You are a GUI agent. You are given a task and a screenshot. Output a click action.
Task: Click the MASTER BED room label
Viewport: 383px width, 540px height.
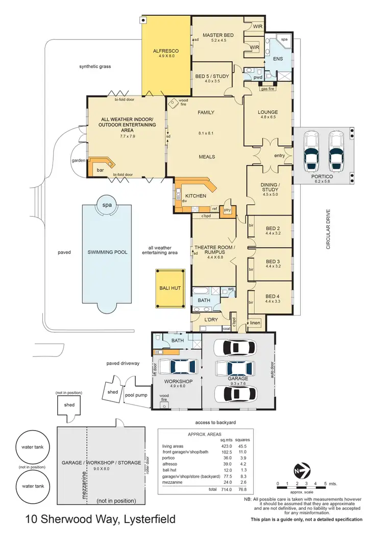[x=218, y=35]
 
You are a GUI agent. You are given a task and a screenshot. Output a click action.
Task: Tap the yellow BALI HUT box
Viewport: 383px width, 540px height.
[x=170, y=288]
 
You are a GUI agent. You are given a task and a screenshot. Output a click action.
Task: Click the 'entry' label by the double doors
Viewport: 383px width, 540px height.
[x=279, y=155]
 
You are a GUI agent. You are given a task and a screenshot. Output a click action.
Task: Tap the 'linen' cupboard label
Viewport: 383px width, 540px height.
[x=255, y=323]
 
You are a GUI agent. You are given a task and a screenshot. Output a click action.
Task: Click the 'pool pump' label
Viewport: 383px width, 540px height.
[x=136, y=395]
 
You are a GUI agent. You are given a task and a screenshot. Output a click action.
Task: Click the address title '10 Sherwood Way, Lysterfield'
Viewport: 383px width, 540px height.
[x=101, y=520]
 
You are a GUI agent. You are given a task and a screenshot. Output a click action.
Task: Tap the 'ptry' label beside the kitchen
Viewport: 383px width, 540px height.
[x=228, y=209]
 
